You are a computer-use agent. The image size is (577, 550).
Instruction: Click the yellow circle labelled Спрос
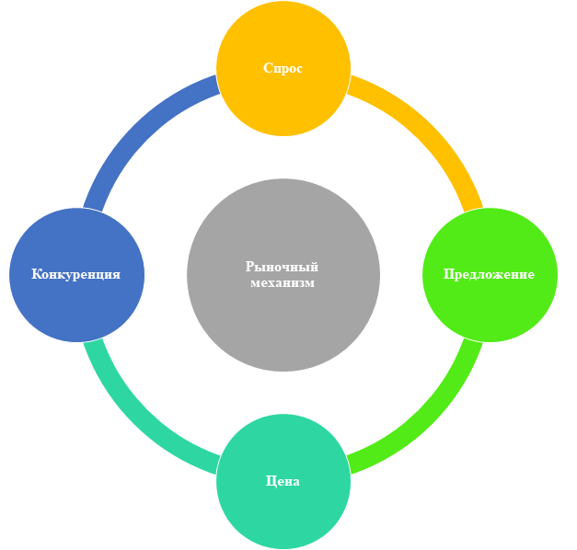click(x=283, y=68)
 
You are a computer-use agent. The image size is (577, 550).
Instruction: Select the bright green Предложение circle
click(x=490, y=275)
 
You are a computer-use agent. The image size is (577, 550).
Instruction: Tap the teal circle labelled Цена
click(x=283, y=481)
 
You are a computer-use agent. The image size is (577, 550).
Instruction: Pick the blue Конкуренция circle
click(x=77, y=275)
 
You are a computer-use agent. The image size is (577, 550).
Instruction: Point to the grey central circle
click(x=283, y=275)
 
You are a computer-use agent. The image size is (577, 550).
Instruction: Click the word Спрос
click(x=283, y=68)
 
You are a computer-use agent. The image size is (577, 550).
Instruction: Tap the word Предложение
click(x=489, y=274)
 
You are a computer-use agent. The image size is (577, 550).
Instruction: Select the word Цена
click(x=283, y=481)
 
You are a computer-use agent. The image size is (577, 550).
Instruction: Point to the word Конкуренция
click(x=76, y=274)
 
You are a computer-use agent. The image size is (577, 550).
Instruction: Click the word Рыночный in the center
click(x=282, y=267)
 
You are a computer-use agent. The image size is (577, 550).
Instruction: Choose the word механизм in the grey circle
click(x=283, y=283)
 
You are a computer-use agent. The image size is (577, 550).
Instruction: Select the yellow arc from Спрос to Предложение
click(x=430, y=129)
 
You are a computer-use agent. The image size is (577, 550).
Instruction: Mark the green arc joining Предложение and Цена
click(x=430, y=421)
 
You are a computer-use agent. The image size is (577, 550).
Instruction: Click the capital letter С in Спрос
click(x=268, y=68)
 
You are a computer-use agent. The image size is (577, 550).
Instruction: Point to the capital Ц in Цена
click(x=271, y=481)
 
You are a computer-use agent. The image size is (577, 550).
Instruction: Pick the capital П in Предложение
click(x=449, y=274)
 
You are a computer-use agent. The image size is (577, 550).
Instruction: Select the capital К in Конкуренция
click(x=37, y=274)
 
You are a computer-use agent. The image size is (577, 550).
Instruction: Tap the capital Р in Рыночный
click(x=250, y=267)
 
